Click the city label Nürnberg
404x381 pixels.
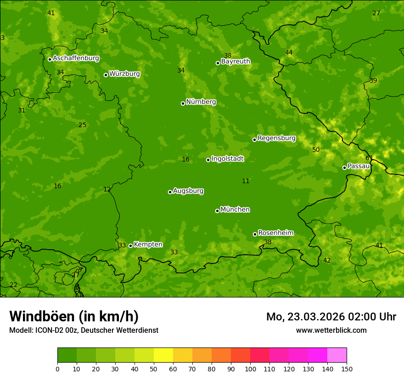coord(201,102)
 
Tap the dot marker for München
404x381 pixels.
coord(217,211)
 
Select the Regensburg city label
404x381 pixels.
coord(276,138)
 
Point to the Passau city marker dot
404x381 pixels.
coord(344,168)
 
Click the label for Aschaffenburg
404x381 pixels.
coord(76,58)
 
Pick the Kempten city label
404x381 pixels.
coord(148,245)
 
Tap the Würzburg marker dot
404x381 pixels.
coord(106,75)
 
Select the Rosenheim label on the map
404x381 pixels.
coord(275,233)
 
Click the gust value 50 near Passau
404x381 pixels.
coord(316,150)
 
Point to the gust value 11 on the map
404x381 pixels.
coord(246,181)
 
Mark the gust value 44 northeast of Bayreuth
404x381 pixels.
coord(289,53)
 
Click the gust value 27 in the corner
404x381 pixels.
coord(376,13)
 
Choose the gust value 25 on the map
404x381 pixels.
coord(82,125)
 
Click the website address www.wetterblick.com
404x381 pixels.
coord(331,330)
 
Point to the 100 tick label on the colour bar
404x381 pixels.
coord(250,369)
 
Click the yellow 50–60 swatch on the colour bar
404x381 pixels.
coord(163,355)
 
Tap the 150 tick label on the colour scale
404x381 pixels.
coord(347,369)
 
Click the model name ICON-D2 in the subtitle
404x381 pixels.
coord(49,331)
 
